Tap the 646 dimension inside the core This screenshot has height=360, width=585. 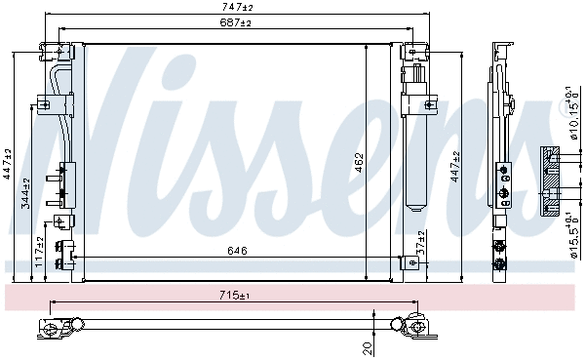click(237, 251)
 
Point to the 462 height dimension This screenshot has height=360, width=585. click(359, 158)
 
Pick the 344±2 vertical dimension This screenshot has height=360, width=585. click(27, 193)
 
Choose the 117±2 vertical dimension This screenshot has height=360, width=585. click(40, 250)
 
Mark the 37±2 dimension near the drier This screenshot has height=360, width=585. click(420, 242)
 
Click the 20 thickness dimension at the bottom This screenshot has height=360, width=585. click(367, 346)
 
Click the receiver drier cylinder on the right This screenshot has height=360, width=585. click(416, 146)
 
